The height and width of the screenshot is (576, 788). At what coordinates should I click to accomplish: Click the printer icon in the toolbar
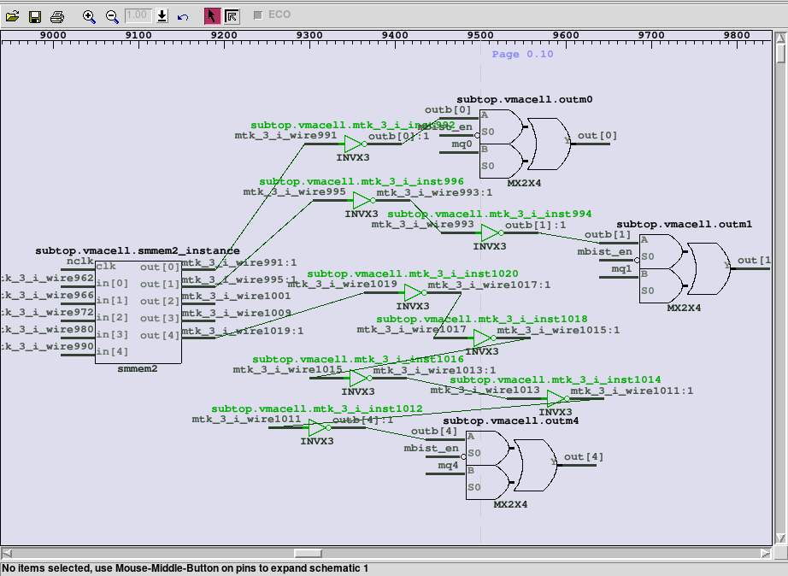pos(56,16)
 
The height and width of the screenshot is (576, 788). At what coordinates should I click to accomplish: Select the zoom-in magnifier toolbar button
pos(89,16)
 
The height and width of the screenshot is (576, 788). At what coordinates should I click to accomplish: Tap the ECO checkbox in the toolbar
pos(258,15)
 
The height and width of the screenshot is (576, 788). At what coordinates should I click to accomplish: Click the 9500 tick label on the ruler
pos(480,35)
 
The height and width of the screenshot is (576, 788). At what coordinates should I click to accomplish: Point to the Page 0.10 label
pos(522,54)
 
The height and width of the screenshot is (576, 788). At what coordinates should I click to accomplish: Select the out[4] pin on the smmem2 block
pos(160,335)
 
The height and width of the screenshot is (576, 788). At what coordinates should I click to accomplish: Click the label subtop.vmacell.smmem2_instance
pos(138,250)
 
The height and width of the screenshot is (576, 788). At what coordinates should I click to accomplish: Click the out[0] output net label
pos(597,136)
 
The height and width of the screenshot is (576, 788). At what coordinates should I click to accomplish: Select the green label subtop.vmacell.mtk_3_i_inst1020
pos(412,273)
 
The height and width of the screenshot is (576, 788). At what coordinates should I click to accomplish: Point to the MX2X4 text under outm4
pos(510,505)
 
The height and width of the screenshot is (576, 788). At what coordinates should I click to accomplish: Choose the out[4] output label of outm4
pos(584,457)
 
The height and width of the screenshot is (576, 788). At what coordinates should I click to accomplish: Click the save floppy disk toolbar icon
pos(35,16)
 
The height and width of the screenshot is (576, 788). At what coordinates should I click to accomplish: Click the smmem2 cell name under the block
pos(138,369)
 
